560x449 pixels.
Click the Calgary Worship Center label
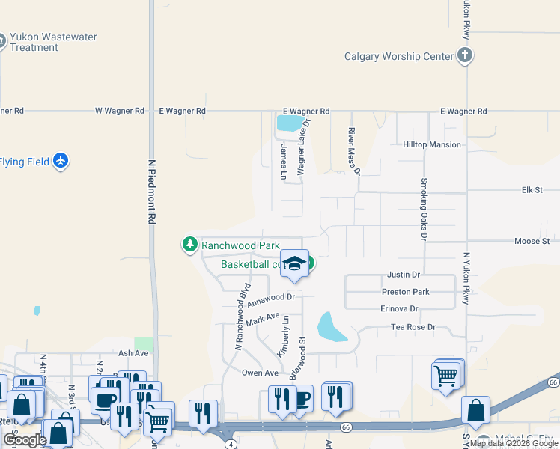398,56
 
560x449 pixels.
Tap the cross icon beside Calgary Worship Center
465,55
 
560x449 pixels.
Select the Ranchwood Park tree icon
190,244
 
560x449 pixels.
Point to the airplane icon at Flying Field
61,161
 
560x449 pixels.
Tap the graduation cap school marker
296,263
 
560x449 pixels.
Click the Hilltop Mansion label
431,145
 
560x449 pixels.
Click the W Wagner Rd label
120,111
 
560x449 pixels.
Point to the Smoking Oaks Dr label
424,209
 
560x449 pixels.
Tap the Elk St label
532,190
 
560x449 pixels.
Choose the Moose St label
532,241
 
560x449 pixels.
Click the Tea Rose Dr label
413,327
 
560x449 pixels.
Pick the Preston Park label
405,292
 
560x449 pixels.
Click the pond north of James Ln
290,123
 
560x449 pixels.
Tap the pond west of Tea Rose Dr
332,327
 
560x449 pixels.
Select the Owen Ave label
260,373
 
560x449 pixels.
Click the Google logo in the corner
24,440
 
